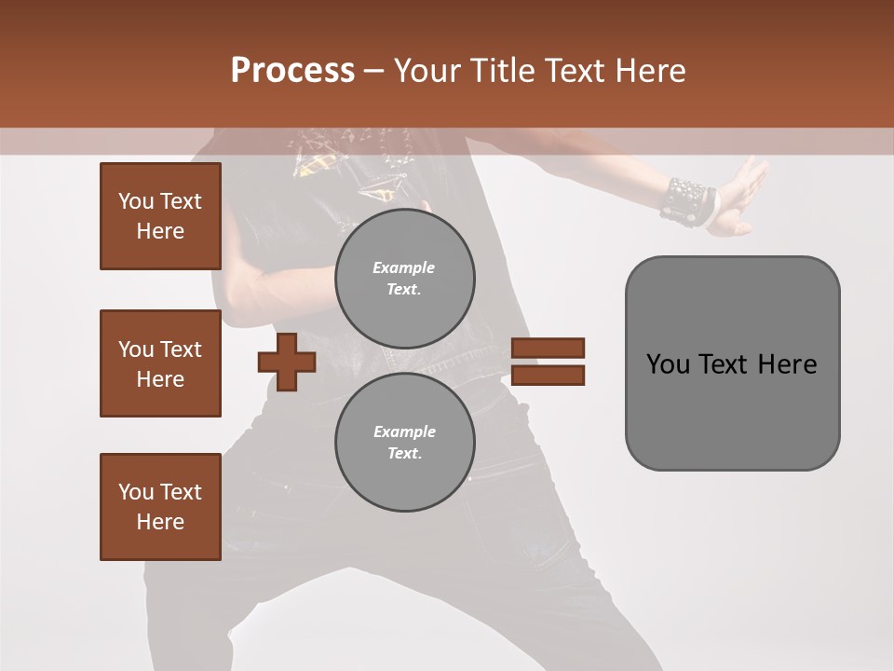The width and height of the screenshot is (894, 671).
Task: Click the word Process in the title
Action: pyautogui.click(x=292, y=70)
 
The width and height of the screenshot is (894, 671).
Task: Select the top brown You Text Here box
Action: pyautogui.click(x=160, y=216)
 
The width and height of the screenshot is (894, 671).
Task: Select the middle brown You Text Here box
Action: pyautogui.click(x=160, y=363)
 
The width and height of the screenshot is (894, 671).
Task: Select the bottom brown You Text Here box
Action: pyautogui.click(x=160, y=507)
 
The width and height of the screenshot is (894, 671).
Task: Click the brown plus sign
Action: pyautogui.click(x=287, y=362)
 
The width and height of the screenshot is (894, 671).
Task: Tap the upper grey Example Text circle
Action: pyautogui.click(x=405, y=279)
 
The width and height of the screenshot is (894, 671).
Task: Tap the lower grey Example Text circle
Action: pyautogui.click(x=405, y=443)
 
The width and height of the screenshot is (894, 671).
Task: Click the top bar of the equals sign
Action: pyautogui.click(x=548, y=348)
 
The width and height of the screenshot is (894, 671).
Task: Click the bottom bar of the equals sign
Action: pyautogui.click(x=548, y=376)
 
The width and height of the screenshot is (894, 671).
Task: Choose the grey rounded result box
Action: pyautogui.click(x=732, y=363)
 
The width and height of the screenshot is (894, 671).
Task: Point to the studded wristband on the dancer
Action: pyautogui.click(x=687, y=201)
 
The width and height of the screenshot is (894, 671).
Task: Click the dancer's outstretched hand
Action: pyautogui.click(x=745, y=196)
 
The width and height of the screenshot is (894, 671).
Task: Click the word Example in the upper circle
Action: pyautogui.click(x=404, y=267)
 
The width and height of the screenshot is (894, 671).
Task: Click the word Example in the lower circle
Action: pyautogui.click(x=404, y=431)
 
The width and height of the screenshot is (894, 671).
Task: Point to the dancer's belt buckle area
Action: pyautogui.click(x=410, y=359)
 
